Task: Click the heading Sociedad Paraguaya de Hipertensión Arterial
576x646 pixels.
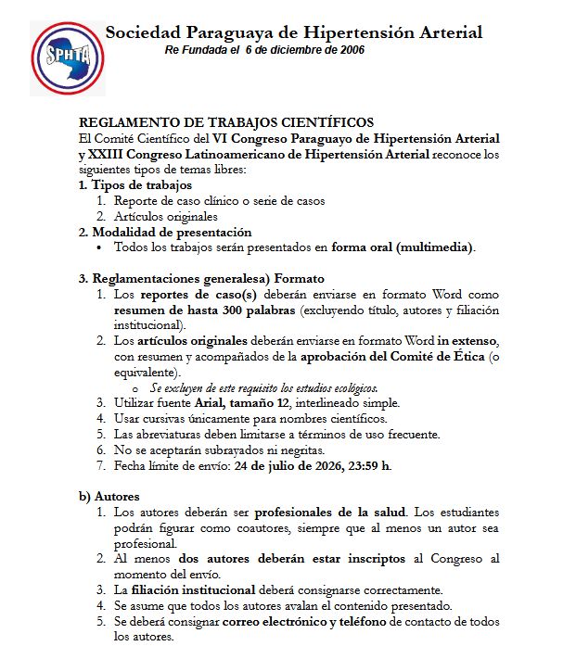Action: [x=293, y=32]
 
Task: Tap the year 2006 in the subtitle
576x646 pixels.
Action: [x=349, y=49]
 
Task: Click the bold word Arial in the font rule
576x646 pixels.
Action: [x=211, y=403]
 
